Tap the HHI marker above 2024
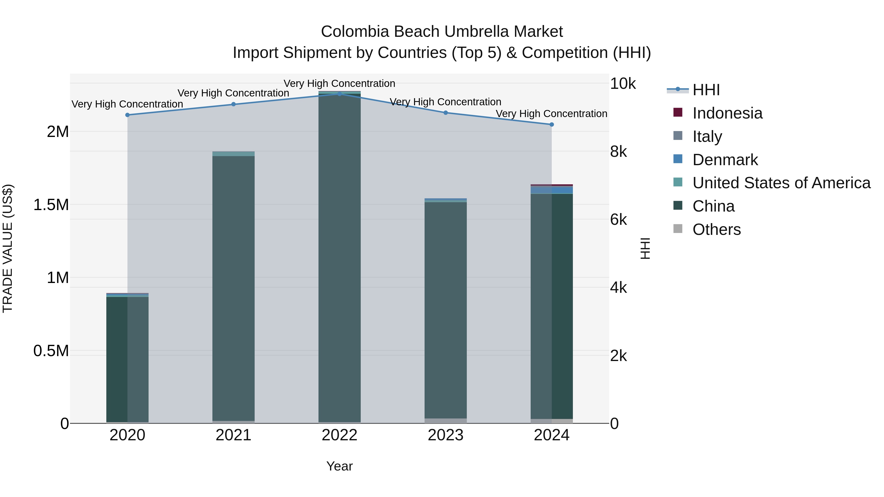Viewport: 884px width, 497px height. tap(552, 124)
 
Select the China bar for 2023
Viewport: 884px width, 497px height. tap(445, 309)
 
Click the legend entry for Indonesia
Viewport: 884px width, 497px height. tap(727, 113)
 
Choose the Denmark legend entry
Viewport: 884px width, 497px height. tap(725, 160)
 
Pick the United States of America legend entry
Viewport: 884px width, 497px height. tap(781, 183)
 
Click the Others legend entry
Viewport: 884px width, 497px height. tap(716, 229)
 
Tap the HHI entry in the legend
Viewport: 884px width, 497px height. tap(706, 90)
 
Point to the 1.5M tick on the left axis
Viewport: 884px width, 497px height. tap(51, 205)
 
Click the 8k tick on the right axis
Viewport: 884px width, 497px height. tap(618, 152)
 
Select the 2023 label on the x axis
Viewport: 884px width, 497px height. tap(445, 435)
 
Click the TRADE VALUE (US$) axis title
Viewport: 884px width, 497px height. tap(8, 248)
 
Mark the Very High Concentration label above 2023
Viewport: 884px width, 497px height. tap(445, 102)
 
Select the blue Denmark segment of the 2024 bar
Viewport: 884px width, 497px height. tap(552, 190)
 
